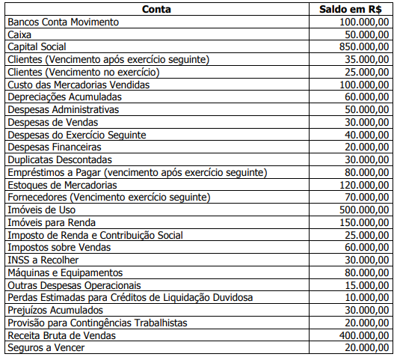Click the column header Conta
pos(155,9)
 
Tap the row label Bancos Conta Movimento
pos(63,22)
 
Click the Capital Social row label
pos(37,46)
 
